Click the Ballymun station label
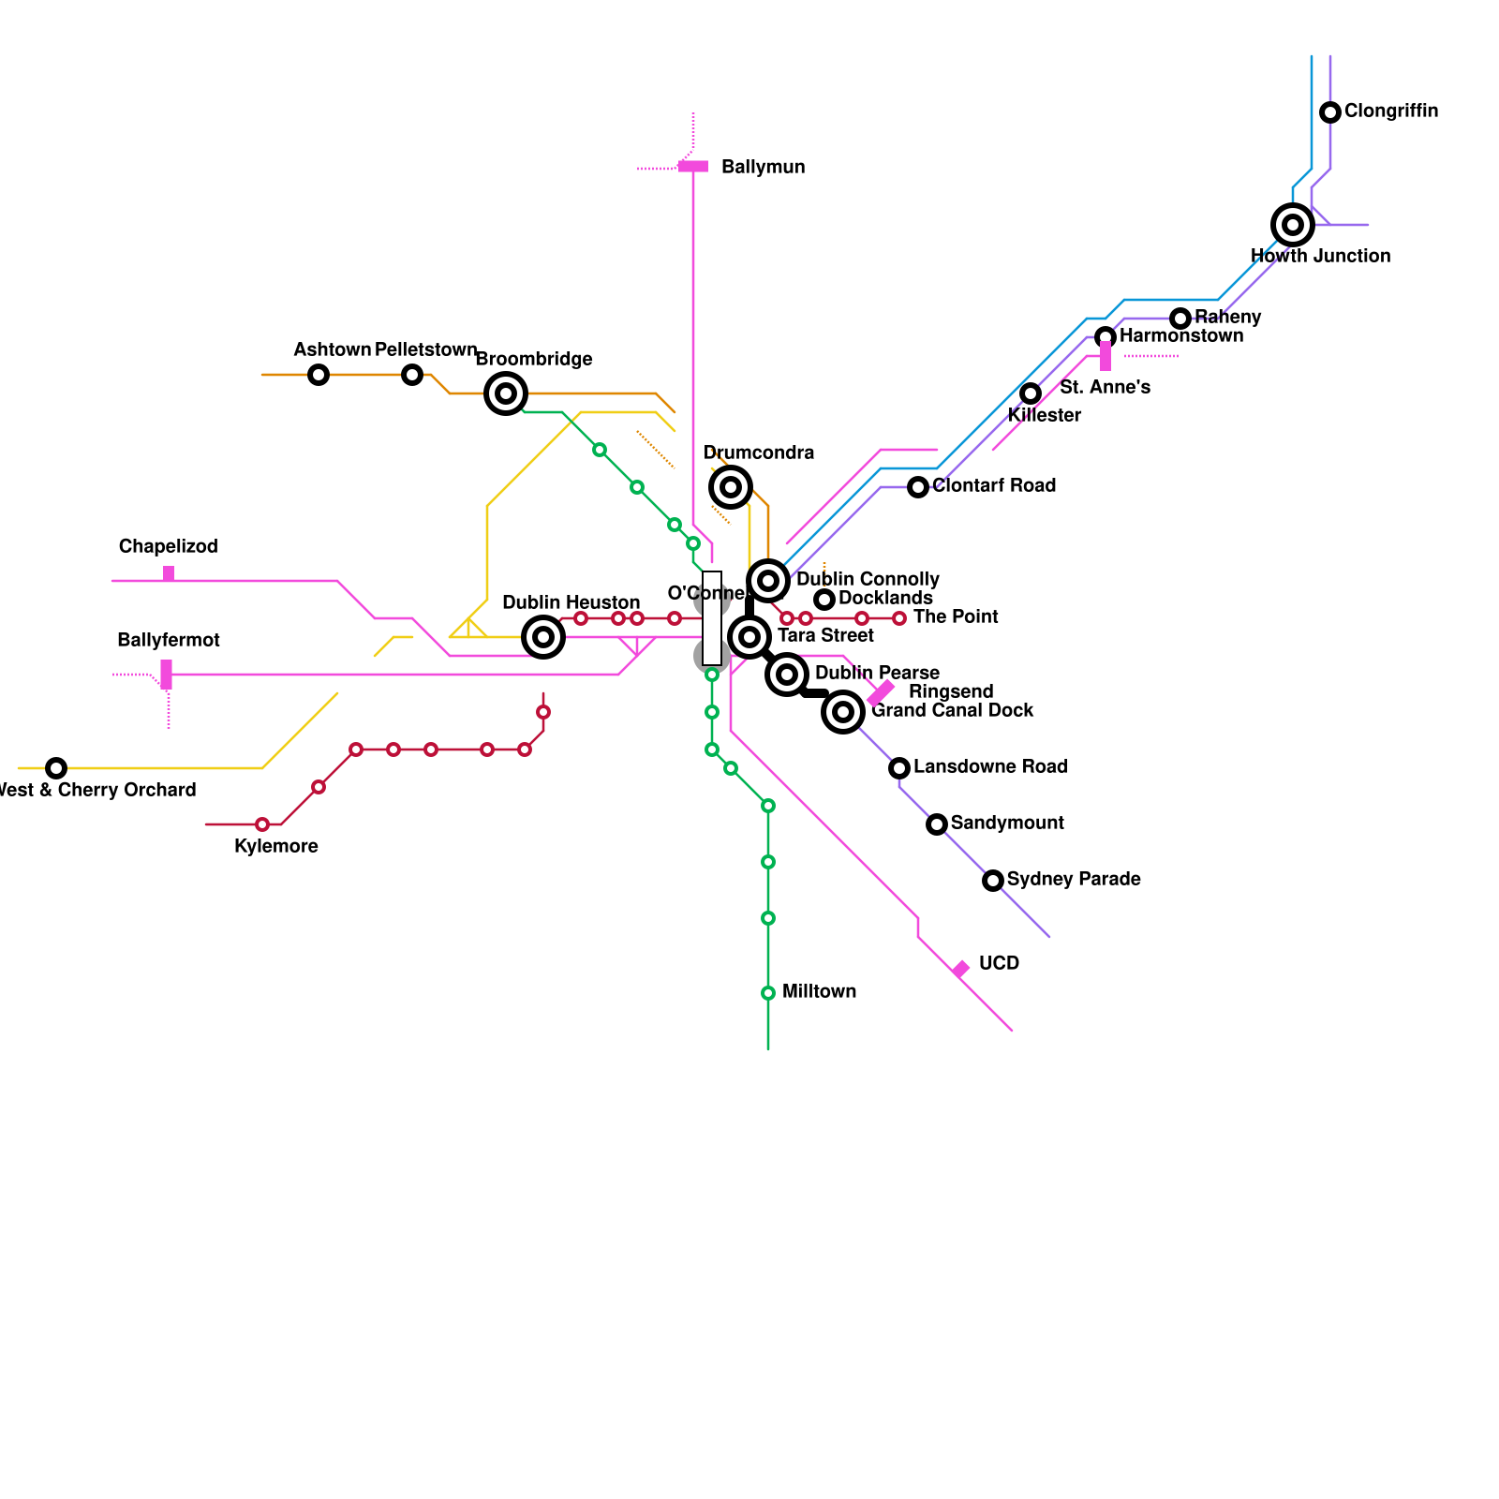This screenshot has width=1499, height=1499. tap(763, 168)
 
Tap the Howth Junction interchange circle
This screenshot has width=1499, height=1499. tap(1293, 225)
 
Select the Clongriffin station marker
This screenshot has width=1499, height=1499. tap(1330, 112)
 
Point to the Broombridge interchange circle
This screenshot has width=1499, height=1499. tap(506, 393)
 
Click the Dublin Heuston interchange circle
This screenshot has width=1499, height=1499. tap(543, 637)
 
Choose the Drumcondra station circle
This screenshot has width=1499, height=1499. tap(731, 487)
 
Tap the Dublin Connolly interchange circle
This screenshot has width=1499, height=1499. tap(768, 581)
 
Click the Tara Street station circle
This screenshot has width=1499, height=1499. tap(749, 637)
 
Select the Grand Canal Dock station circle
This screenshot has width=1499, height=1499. tap(843, 712)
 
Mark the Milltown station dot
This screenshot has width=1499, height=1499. tap(768, 993)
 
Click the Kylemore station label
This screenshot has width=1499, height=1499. tap(276, 847)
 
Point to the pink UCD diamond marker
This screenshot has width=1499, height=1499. tap(960, 969)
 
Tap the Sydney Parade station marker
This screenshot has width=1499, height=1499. tap(993, 881)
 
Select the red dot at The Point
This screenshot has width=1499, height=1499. tap(899, 618)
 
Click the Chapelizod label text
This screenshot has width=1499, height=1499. tap(168, 547)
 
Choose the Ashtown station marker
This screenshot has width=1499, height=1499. tap(319, 375)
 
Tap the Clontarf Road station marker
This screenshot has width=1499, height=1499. tap(918, 487)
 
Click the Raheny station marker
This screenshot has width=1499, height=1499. tap(1180, 319)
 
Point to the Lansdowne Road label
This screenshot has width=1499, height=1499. tap(990, 767)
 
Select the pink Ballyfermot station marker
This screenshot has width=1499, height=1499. tap(167, 675)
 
